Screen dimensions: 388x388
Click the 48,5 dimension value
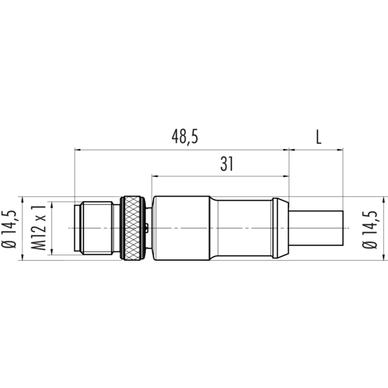pyautogui.click(x=185, y=137)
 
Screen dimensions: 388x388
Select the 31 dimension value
pyautogui.click(x=227, y=164)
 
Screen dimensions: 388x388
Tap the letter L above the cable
pyautogui.click(x=319, y=137)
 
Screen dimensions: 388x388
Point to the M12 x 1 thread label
pyautogui.click(x=38, y=228)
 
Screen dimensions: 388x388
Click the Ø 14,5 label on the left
pyautogui.click(x=9, y=230)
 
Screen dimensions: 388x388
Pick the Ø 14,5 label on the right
pyautogui.click(x=369, y=230)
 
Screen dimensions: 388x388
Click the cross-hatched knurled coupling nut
pyautogui.click(x=133, y=228)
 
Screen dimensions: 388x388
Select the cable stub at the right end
pyautogui.click(x=316, y=228)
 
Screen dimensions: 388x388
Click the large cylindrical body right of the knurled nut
pyautogui.click(x=181, y=228)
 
